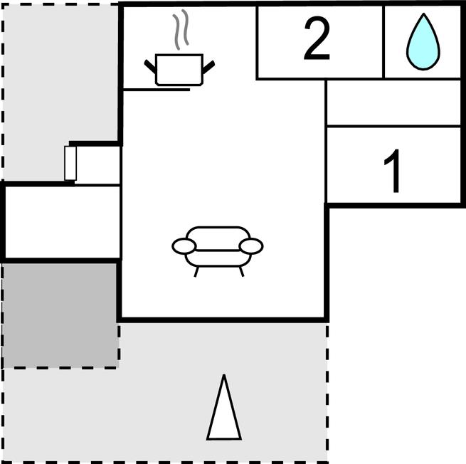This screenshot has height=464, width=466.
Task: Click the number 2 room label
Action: [x=317, y=41]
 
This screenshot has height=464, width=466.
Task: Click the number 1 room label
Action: [x=393, y=173]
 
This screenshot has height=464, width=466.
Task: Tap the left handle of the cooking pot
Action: [x=151, y=66]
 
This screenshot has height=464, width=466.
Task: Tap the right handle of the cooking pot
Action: [x=208, y=66]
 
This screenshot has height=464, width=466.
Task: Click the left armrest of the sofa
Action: [x=184, y=246]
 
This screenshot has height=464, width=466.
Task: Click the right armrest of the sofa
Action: [x=251, y=246]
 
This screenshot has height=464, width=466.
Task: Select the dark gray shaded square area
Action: [x=60, y=315]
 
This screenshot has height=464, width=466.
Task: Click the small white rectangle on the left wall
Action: [x=70, y=163]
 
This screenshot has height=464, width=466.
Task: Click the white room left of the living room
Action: [x=61, y=221]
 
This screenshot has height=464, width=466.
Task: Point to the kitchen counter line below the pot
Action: [x=157, y=90]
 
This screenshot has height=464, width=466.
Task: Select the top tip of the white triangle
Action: [x=224, y=377]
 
